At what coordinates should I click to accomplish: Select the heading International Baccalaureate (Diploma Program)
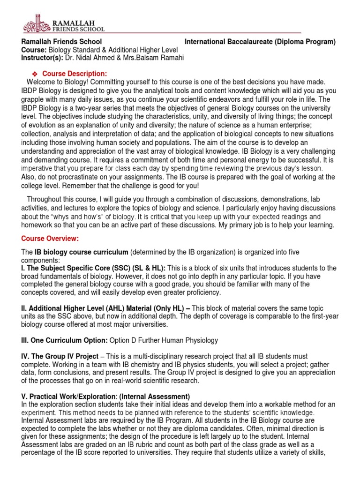(260, 42)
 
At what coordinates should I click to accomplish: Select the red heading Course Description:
(75, 74)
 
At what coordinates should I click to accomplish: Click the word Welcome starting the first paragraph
(41, 82)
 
